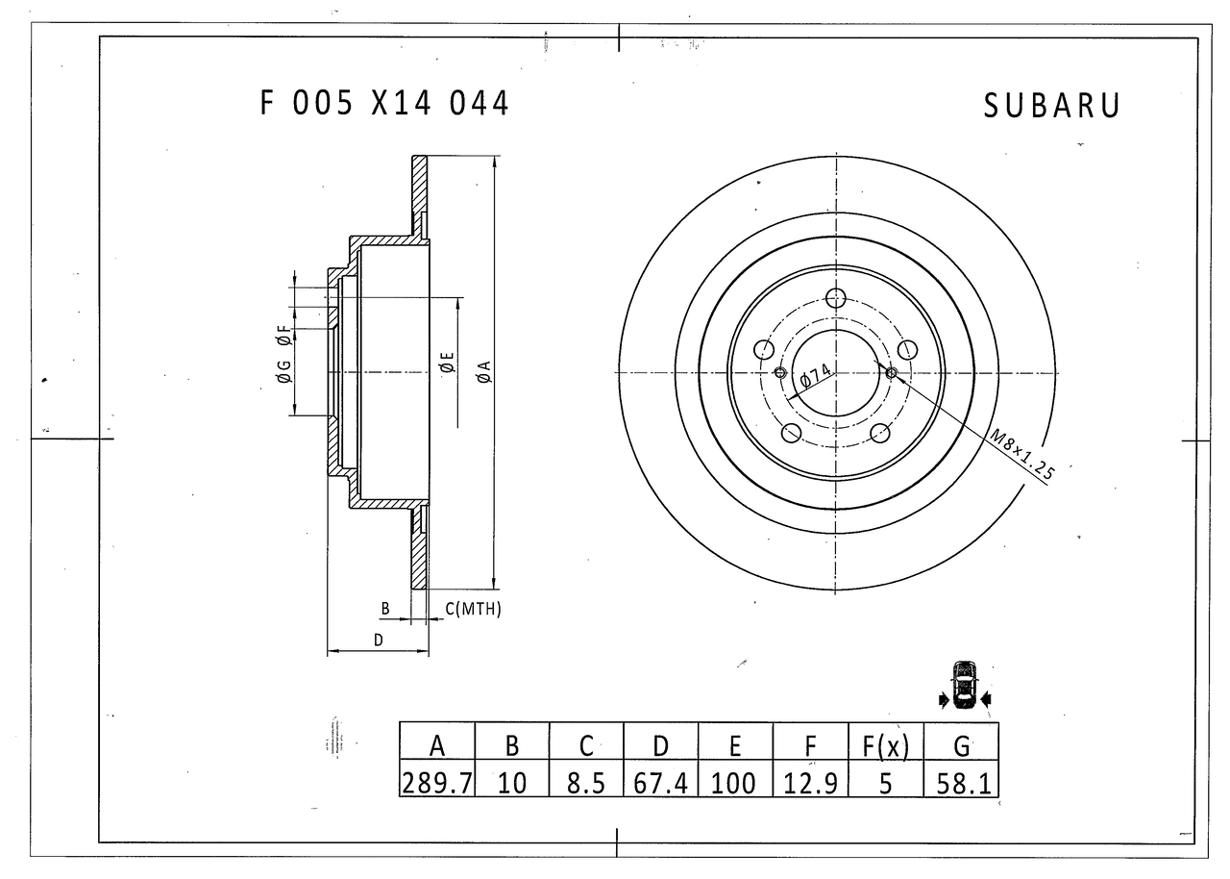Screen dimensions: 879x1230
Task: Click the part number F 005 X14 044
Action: tap(384, 103)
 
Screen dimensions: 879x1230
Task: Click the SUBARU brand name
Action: tap(1051, 107)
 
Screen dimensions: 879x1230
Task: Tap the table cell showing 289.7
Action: tap(436, 783)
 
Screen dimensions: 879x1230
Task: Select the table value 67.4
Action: tap(660, 783)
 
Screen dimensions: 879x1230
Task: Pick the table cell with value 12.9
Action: tap(810, 783)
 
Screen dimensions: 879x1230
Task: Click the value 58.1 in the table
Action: tap(961, 783)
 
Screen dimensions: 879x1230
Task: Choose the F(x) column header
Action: tap(885, 745)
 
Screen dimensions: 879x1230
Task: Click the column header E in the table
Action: tap(735, 745)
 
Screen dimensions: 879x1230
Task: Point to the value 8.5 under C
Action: tap(585, 783)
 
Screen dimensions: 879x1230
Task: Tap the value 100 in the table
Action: tap(735, 783)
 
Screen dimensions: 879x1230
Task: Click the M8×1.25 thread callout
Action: tap(1023, 455)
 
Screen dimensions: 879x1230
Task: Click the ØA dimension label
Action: tap(484, 371)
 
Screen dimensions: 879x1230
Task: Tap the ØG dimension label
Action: tap(283, 371)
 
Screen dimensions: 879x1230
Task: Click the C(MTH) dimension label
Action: tap(473, 609)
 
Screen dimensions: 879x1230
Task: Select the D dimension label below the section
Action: tap(379, 639)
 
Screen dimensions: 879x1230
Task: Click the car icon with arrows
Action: tap(964, 685)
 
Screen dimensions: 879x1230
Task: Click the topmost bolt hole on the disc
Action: tap(836, 298)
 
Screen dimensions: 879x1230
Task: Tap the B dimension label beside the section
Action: tap(384, 609)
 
